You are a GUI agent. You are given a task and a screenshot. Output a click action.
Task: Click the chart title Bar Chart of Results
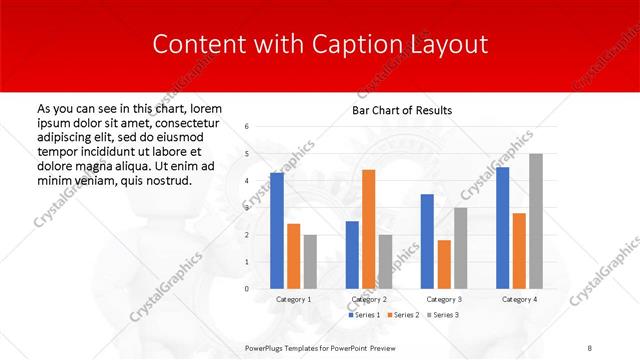click(x=401, y=110)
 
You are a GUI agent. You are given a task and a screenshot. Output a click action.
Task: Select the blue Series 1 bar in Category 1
click(x=277, y=231)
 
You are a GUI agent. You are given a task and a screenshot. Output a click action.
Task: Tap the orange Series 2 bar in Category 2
click(x=368, y=229)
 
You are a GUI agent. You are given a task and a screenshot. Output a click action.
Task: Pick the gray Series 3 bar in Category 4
click(x=536, y=221)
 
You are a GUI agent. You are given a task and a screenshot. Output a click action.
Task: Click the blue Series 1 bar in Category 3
click(x=427, y=241)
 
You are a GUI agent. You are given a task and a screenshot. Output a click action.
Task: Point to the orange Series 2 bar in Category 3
click(x=444, y=264)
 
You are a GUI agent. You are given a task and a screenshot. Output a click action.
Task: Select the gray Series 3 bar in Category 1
click(x=310, y=262)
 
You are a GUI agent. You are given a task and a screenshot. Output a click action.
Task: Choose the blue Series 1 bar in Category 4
click(x=503, y=228)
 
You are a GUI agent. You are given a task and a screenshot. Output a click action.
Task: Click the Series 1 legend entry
click(x=364, y=315)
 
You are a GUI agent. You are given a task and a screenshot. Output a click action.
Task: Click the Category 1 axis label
click(x=294, y=299)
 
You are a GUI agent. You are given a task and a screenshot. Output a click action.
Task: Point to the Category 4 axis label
click(x=519, y=299)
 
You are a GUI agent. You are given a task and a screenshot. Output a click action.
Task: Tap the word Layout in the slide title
click(x=449, y=45)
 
